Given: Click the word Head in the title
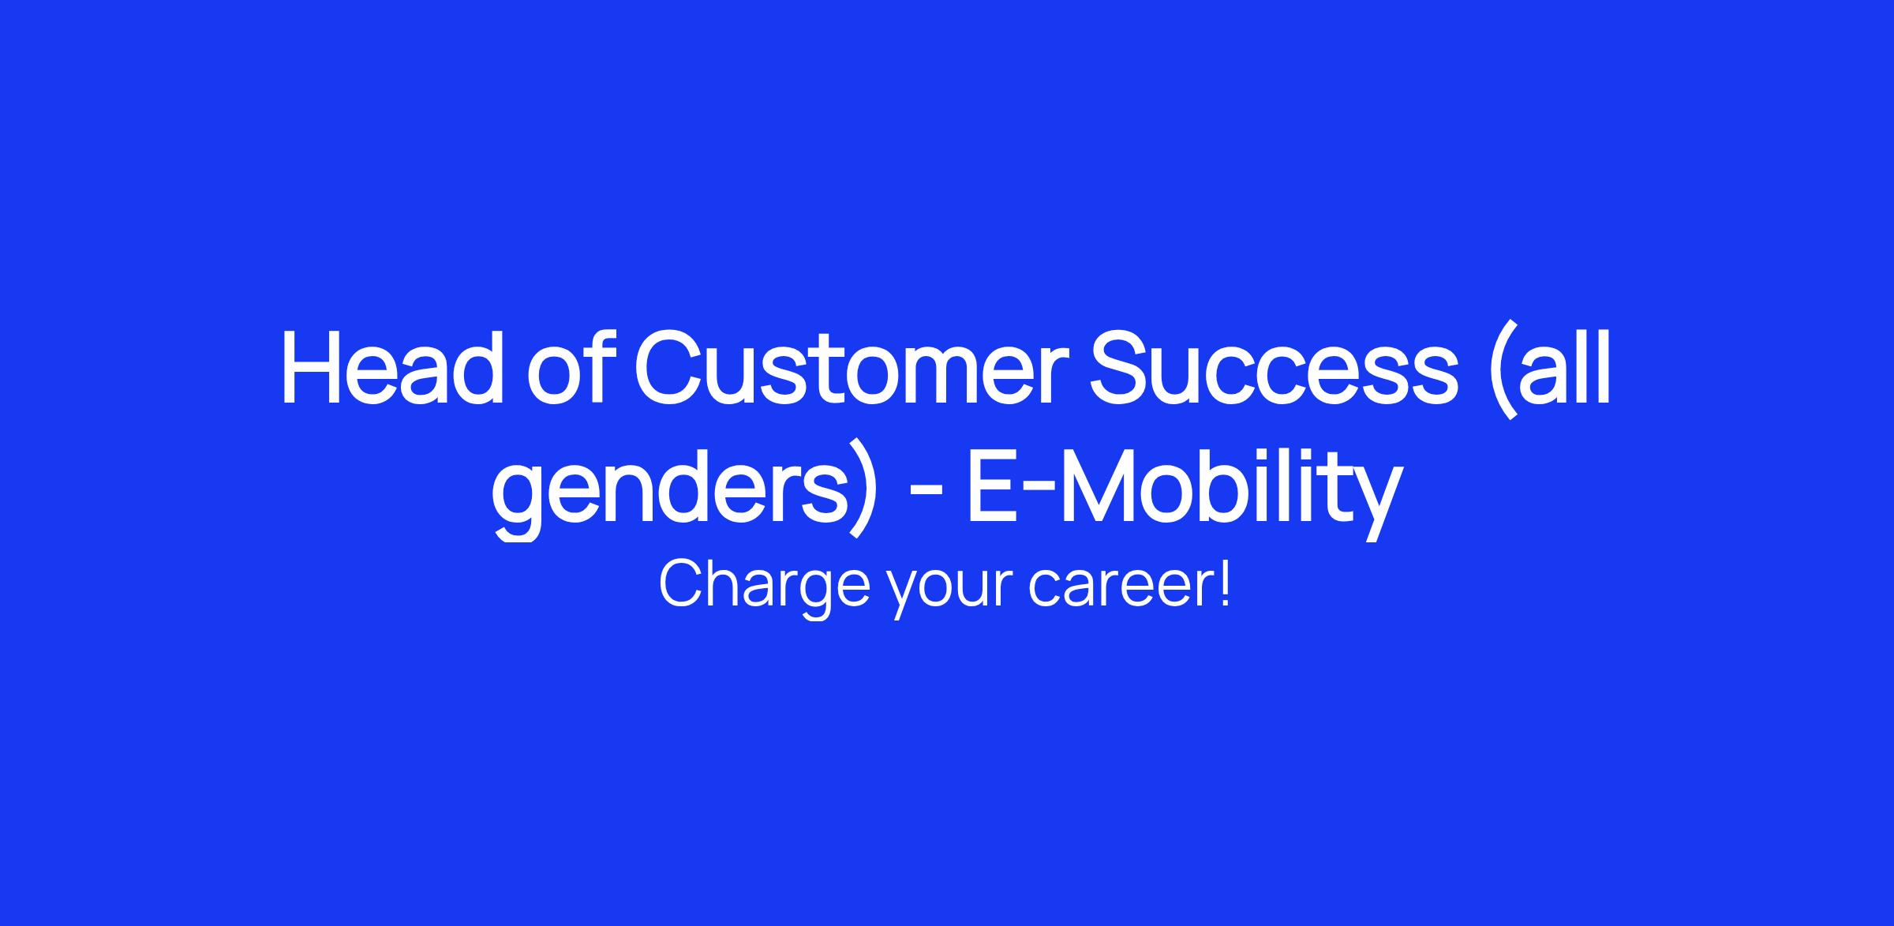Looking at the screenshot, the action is [392, 366].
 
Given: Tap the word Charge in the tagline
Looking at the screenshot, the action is [764, 586].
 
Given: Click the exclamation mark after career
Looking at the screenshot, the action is [1224, 583].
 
